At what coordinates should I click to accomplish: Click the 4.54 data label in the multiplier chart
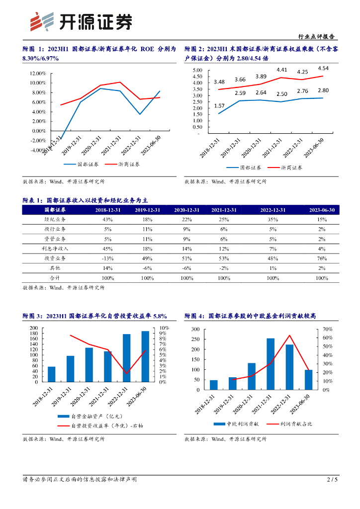323,68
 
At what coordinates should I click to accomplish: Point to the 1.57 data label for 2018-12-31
219,105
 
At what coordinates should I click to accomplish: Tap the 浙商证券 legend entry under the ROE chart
129,164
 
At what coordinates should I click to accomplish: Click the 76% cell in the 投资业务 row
322,258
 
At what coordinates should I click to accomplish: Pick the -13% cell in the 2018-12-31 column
107,258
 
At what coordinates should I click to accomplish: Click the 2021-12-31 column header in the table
223,210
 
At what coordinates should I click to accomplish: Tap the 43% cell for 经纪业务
107,219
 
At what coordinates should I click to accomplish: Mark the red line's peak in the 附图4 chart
289,336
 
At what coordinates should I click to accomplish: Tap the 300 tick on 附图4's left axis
194,330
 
